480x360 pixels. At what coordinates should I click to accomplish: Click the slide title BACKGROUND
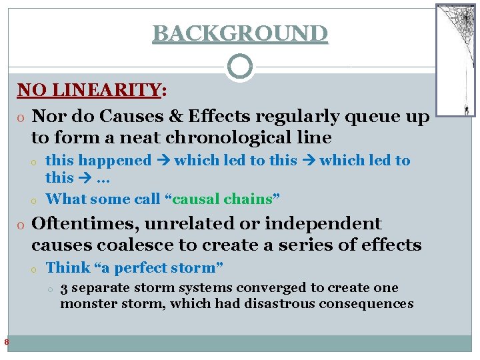point(240,33)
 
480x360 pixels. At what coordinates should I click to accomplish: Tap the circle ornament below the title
point(240,67)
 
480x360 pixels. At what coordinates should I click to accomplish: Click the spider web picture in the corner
point(455,60)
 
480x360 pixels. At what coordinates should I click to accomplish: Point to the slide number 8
point(6,343)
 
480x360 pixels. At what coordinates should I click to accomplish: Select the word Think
point(67,268)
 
